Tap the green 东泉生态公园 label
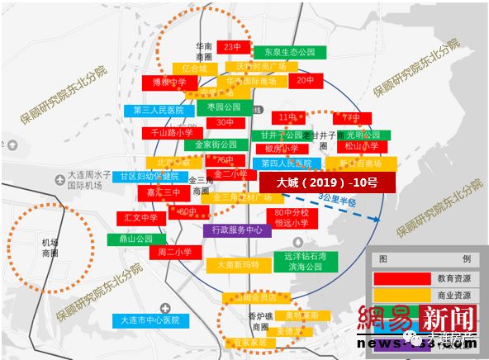tap(289, 53)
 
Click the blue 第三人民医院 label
tap(160, 109)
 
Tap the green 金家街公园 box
tap(216, 144)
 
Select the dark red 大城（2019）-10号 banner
tap(327, 182)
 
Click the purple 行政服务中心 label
tap(237, 230)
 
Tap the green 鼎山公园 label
tap(136, 239)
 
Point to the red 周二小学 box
tap(174, 252)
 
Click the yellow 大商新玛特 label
tap(238, 265)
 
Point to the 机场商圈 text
tap(49, 248)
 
